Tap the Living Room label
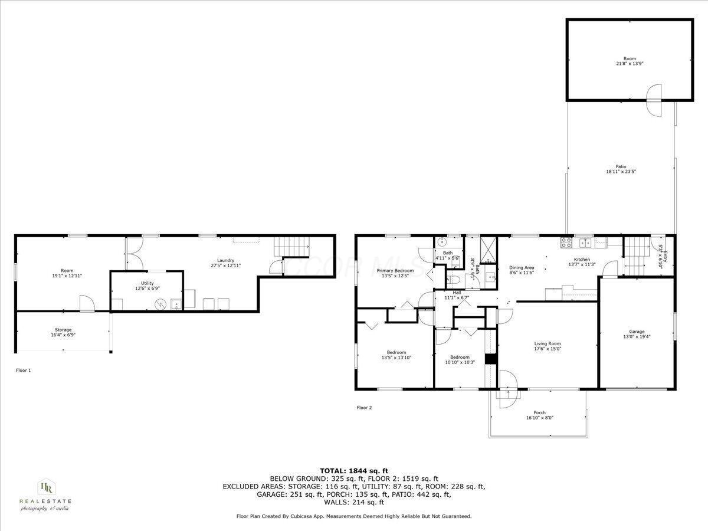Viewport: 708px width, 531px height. (547, 343)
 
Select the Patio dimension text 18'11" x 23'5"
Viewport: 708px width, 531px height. (621, 172)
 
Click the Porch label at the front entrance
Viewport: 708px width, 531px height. (539, 412)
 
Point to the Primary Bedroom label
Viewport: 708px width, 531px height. (395, 270)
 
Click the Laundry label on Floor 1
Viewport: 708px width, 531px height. (225, 260)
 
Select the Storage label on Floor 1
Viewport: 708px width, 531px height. (63, 329)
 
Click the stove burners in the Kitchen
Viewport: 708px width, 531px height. (566, 241)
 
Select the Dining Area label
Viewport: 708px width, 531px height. (522, 267)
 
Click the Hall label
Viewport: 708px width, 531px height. (456, 292)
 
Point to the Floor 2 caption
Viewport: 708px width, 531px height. (364, 407)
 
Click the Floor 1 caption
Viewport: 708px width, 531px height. (23, 370)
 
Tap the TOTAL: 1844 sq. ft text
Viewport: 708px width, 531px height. (354, 470)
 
